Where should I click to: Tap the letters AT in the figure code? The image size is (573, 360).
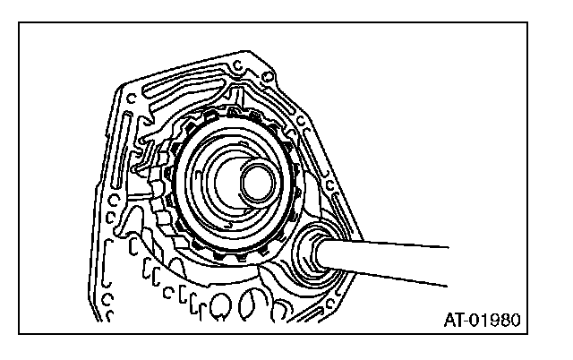coord(452,319)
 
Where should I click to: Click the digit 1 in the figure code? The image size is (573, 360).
coord(483,319)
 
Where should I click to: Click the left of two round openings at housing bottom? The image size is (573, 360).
coord(221,310)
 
